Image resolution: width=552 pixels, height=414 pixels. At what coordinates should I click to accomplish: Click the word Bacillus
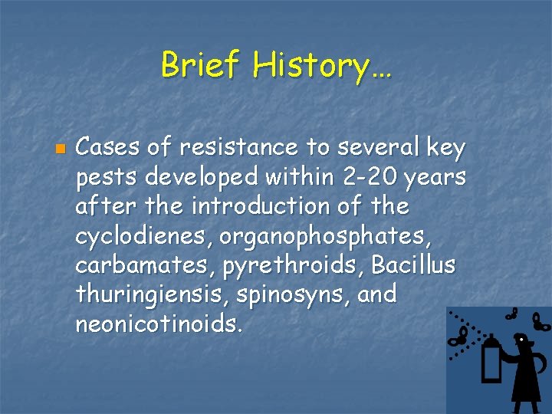(413, 265)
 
